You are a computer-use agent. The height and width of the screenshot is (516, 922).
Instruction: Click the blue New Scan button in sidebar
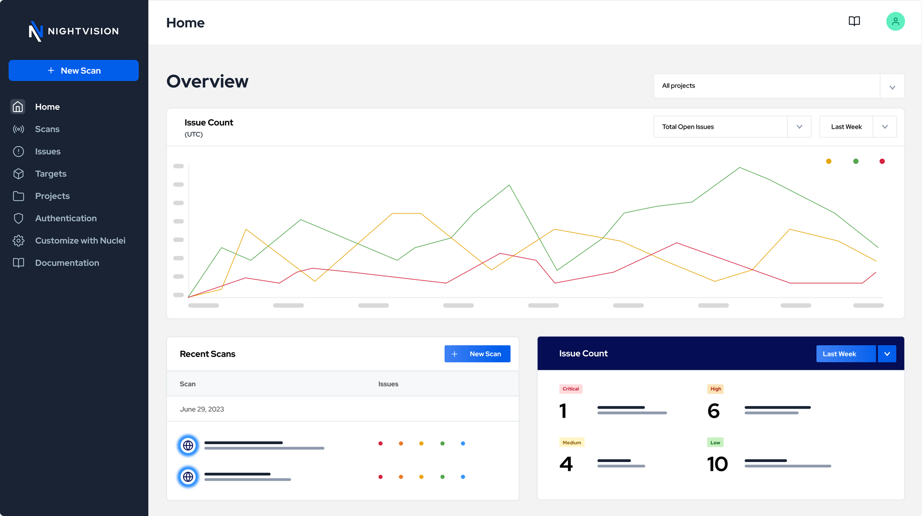[73, 71]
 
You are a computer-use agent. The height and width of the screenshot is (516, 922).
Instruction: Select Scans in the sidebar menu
[47, 129]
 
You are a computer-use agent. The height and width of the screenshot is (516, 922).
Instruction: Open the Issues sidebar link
[47, 151]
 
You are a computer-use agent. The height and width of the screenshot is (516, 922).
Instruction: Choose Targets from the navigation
[51, 174]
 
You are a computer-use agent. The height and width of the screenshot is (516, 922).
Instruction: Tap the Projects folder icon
[18, 196]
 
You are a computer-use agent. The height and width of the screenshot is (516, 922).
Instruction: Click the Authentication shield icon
[18, 218]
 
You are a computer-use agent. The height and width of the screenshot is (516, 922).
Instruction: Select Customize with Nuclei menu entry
[80, 241]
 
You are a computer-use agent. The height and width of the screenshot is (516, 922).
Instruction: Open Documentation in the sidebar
[67, 263]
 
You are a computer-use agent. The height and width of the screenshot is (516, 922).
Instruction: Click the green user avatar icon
[895, 21]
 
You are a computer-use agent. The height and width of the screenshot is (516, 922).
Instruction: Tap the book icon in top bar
[854, 21]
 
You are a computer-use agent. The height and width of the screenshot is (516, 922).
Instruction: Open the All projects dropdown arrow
[892, 87]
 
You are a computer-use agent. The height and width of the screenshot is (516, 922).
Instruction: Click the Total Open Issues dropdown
[732, 127]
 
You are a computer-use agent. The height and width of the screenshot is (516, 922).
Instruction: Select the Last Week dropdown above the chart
[858, 127]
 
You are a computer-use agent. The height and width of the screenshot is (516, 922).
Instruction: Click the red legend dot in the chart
[882, 161]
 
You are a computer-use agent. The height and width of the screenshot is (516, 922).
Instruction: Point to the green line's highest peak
[740, 167]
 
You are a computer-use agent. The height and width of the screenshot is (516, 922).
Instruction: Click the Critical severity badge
[571, 389]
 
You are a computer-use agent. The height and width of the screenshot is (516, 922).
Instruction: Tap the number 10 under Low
[717, 464]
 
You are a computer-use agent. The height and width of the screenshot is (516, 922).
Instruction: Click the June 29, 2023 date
[202, 409]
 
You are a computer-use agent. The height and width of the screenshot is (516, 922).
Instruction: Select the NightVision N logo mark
[35, 31]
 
